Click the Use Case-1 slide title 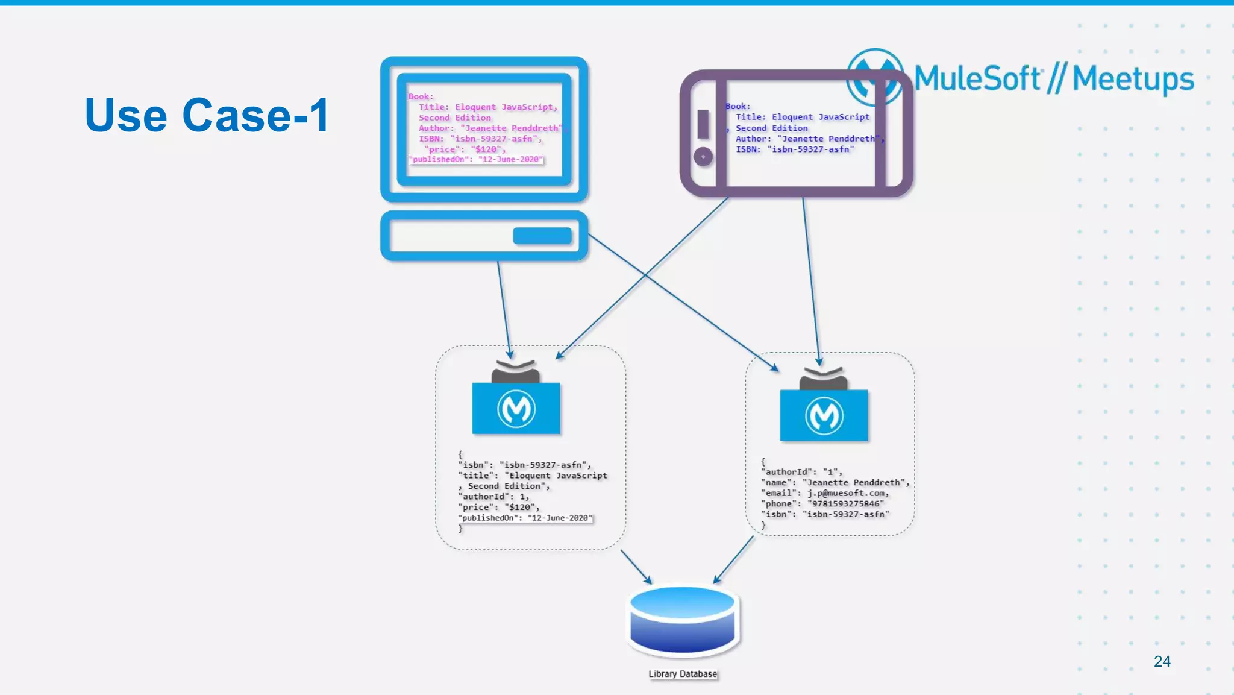click(x=207, y=115)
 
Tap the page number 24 click(x=1162, y=661)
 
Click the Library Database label click(x=683, y=674)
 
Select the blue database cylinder click(x=683, y=621)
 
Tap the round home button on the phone click(x=703, y=157)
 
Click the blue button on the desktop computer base click(x=542, y=236)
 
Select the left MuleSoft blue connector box click(x=516, y=408)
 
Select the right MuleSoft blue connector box click(x=824, y=415)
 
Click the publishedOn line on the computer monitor click(x=476, y=159)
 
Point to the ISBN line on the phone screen click(x=794, y=149)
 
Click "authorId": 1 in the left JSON click(x=494, y=497)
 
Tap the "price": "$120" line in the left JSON click(x=499, y=508)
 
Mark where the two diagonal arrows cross click(x=646, y=275)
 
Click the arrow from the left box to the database click(x=636, y=567)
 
